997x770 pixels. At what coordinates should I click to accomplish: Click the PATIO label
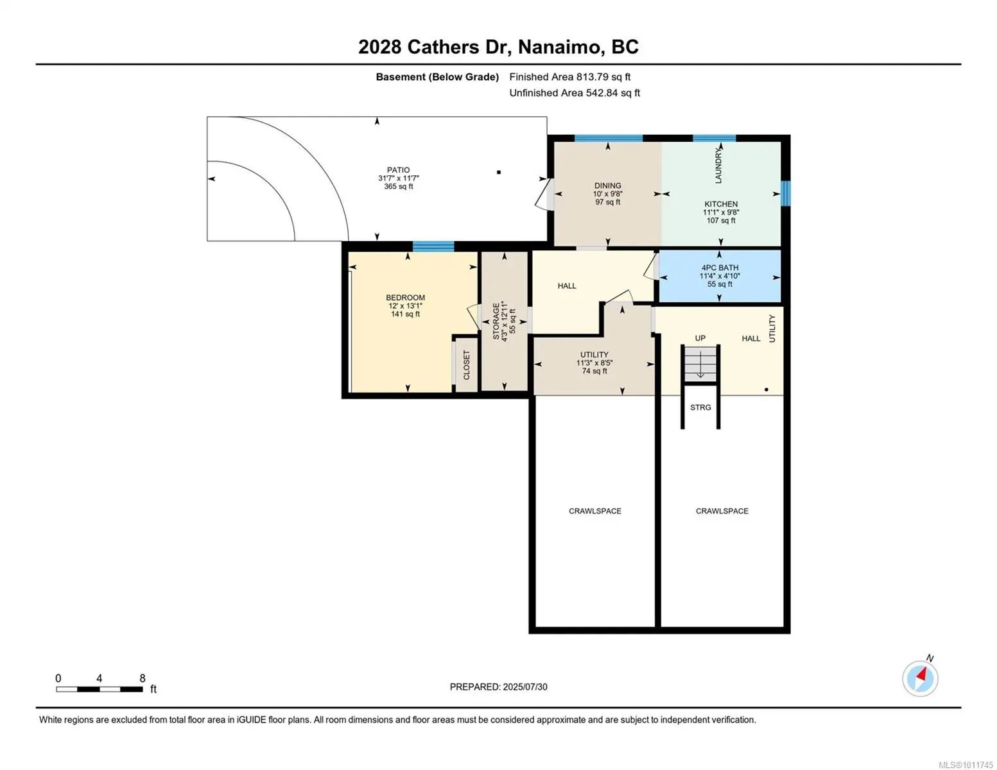coord(398,169)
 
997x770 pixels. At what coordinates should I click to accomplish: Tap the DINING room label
coord(607,185)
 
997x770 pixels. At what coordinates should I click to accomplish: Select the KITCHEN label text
coord(721,203)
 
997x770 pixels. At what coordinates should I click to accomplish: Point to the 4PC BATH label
coord(720,268)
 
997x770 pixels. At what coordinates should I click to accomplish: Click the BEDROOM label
coord(405,297)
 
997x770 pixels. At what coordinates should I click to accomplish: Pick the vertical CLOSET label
coord(467,365)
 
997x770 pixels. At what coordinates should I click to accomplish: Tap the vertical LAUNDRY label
coord(718,166)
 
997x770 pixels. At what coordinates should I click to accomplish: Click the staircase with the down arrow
coord(700,364)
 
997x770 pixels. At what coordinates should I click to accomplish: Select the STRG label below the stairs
coord(700,407)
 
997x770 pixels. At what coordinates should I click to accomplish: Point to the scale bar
coord(100,689)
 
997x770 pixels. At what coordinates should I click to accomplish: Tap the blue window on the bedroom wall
coord(433,246)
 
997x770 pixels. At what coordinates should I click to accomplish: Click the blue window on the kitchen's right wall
coord(786,193)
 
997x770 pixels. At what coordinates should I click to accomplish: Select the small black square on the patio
coord(499,173)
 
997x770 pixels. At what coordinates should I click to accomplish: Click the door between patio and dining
coord(544,194)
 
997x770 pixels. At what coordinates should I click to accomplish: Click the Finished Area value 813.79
coord(592,77)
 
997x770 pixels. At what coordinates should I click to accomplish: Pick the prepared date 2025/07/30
coord(525,687)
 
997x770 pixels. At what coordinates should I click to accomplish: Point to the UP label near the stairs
coord(700,338)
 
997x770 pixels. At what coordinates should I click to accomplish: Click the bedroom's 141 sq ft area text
coord(405,314)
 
